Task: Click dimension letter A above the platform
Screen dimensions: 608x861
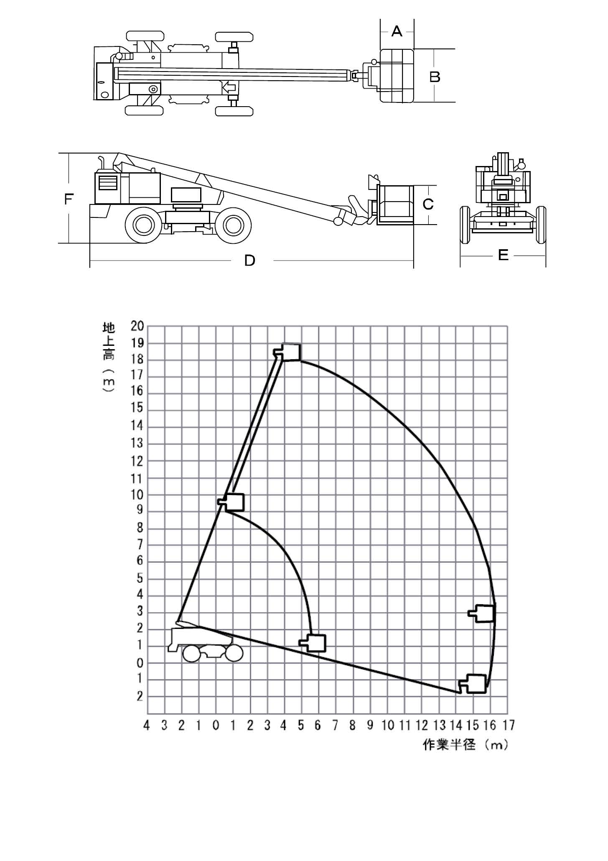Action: pyautogui.click(x=397, y=31)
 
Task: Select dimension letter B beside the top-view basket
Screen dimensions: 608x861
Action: pyautogui.click(x=435, y=77)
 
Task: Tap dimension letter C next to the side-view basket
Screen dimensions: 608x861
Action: pyautogui.click(x=428, y=204)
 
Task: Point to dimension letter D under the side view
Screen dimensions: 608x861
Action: pyautogui.click(x=249, y=261)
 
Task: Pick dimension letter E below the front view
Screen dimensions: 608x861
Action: pyautogui.click(x=503, y=255)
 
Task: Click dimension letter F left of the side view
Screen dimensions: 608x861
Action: pyautogui.click(x=69, y=199)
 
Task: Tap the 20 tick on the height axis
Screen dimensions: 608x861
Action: pyautogui.click(x=137, y=326)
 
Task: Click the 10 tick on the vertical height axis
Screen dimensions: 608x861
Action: pyautogui.click(x=137, y=495)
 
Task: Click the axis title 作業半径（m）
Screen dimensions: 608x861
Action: pyautogui.click(x=466, y=745)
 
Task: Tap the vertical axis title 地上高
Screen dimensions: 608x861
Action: pyautogui.click(x=109, y=341)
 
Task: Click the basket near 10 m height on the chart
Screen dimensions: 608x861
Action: pyautogui.click(x=231, y=502)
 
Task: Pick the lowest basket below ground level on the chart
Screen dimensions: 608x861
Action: pyautogui.click(x=473, y=684)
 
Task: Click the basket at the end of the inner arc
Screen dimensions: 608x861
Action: pyautogui.click(x=313, y=643)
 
